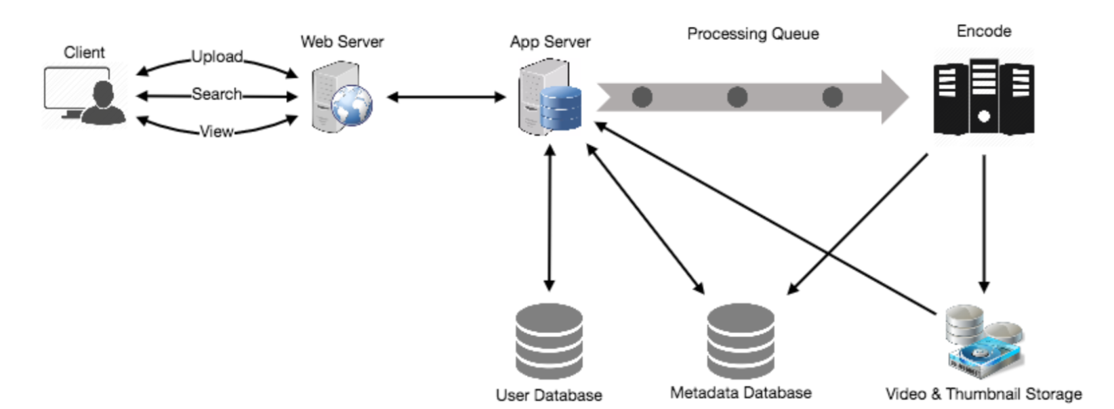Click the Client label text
84,52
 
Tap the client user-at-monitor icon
85,95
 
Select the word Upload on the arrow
217,57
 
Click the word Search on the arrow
217,94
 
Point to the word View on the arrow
217,131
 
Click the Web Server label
342,42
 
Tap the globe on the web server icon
352,106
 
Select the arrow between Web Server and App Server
447,98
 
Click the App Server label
550,42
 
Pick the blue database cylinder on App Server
560,108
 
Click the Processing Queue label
753,34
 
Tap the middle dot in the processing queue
737,98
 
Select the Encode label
984,31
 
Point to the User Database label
549,395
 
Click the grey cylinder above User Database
549,341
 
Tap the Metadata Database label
741,393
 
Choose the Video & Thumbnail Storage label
984,394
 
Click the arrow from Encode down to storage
984,223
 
